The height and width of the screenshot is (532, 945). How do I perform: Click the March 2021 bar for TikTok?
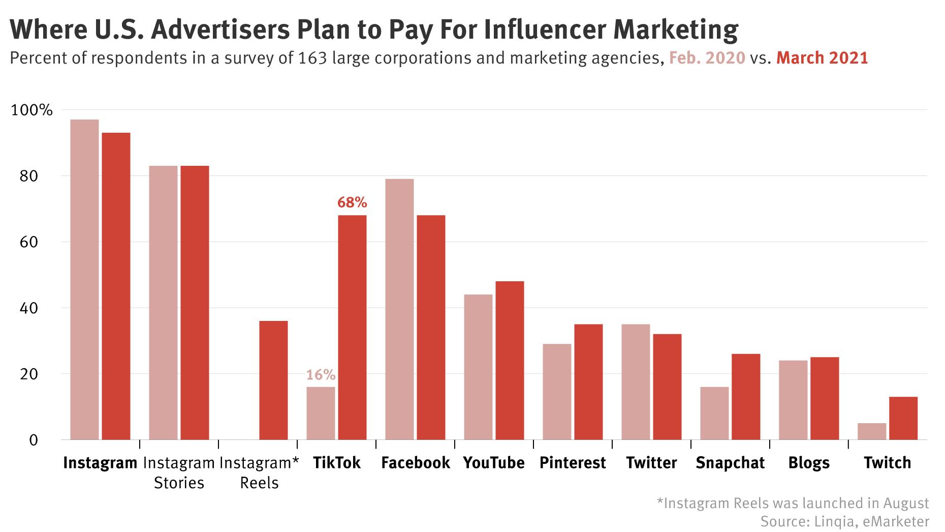tap(352, 327)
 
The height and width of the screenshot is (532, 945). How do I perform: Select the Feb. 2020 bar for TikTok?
tap(321, 413)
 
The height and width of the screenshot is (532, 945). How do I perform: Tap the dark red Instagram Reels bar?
tap(273, 380)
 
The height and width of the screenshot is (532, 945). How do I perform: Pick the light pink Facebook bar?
tap(399, 309)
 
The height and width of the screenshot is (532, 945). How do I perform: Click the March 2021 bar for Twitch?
tap(903, 418)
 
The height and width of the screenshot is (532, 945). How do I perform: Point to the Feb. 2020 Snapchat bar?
tap(714, 413)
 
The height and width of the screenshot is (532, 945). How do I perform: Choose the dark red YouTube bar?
tap(510, 360)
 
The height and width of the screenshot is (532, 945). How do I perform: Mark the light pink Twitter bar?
tap(636, 381)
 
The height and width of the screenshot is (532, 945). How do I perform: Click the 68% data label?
tap(352, 202)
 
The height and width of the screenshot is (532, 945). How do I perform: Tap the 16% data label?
tap(321, 375)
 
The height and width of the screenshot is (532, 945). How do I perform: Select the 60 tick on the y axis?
tap(29, 242)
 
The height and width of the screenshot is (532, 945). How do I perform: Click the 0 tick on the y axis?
tap(34, 440)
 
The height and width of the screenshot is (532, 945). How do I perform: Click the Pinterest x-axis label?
tap(573, 463)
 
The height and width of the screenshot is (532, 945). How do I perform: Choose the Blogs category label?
tap(809, 463)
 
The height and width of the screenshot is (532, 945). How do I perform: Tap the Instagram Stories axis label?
tap(179, 472)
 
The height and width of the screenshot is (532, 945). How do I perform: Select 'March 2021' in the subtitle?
tap(822, 58)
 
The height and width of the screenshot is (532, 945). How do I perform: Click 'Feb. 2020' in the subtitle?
tap(707, 58)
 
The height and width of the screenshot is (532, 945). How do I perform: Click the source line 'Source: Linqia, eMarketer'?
tap(844, 521)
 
